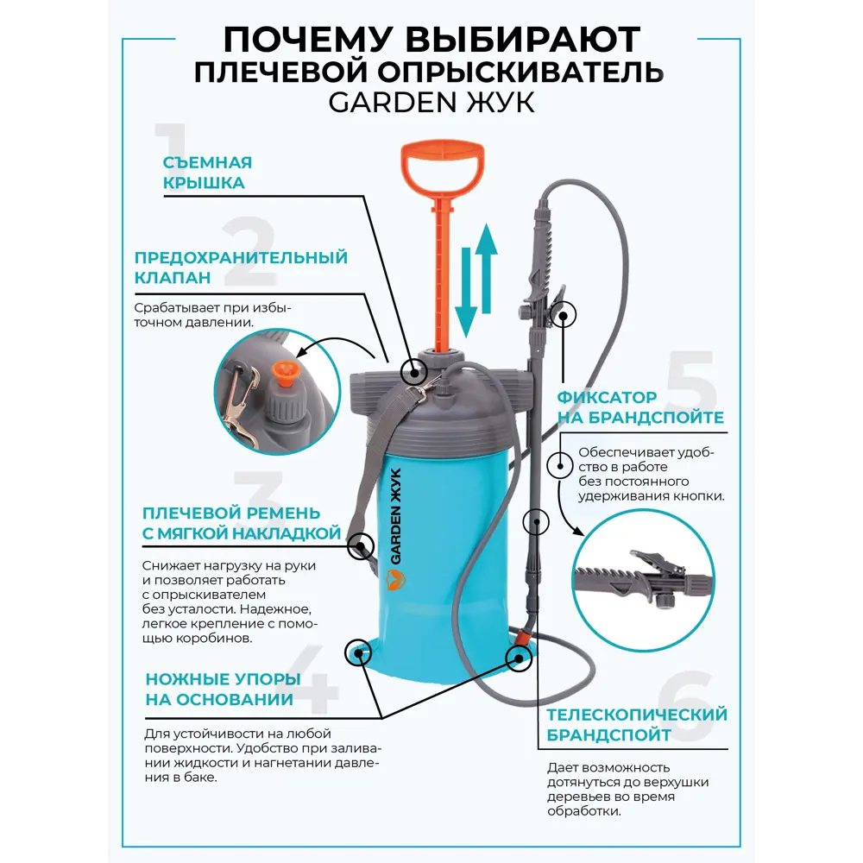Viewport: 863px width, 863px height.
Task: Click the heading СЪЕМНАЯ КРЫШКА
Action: pyautogui.click(x=207, y=173)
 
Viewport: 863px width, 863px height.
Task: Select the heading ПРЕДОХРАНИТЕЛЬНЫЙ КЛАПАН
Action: pyautogui.click(x=241, y=268)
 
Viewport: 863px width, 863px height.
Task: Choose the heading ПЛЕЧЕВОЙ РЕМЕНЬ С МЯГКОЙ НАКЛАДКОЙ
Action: pyautogui.click(x=241, y=524)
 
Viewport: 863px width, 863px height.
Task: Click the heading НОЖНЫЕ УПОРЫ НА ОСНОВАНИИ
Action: pyautogui.click(x=223, y=689)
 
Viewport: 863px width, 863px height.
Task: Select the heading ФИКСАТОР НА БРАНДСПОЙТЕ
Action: pyautogui.click(x=639, y=407)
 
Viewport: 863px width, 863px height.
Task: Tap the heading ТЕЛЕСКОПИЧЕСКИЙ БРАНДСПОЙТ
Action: pyautogui.click(x=636, y=725)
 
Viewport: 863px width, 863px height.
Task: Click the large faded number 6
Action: pyautogui.click(x=686, y=703)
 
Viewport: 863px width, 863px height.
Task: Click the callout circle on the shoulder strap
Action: pyautogui.click(x=361, y=545)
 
